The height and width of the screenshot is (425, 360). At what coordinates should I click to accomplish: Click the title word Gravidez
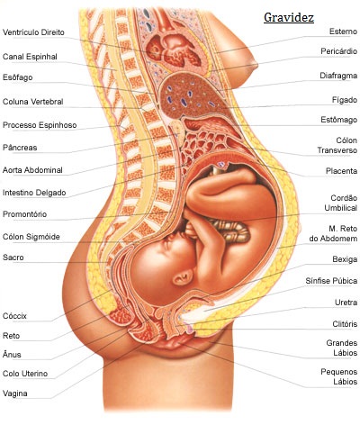click(289, 18)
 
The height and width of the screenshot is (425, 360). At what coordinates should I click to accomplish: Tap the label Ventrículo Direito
click(33, 32)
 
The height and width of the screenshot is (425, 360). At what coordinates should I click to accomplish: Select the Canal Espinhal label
click(30, 57)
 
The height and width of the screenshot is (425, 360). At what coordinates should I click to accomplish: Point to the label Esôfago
click(17, 77)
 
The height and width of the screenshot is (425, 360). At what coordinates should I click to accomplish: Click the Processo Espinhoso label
click(40, 125)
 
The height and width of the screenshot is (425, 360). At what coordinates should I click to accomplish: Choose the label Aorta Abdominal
click(32, 170)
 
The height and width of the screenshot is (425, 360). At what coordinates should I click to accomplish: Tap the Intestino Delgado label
click(34, 193)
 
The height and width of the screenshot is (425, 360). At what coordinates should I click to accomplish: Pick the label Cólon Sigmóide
click(31, 237)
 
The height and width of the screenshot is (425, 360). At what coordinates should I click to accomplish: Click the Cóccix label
click(14, 316)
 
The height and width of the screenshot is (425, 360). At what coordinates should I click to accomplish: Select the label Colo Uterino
click(25, 374)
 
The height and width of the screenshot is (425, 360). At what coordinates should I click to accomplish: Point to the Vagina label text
click(15, 393)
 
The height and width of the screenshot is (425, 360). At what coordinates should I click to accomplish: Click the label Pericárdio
click(338, 51)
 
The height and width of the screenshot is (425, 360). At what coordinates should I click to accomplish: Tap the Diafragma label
click(338, 76)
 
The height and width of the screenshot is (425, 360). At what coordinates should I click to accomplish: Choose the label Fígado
click(345, 100)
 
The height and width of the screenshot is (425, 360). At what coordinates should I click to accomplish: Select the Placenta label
click(341, 171)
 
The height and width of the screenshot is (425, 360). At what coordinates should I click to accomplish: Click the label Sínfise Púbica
click(331, 281)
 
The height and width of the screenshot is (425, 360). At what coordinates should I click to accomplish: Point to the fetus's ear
click(183, 276)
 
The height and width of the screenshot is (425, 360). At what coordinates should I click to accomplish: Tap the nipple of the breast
click(256, 65)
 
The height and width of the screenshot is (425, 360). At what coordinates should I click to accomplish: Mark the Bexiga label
click(345, 259)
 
